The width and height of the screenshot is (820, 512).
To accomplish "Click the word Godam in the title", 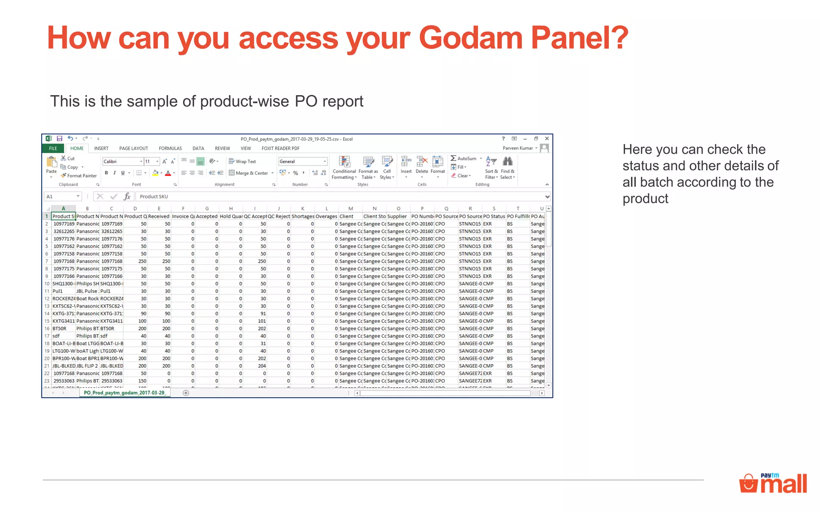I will [x=471, y=38].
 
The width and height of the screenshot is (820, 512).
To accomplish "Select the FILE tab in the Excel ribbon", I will [x=53, y=148].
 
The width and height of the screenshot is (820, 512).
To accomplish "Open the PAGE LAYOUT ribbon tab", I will [x=133, y=148].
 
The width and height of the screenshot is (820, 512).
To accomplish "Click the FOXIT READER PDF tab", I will [x=280, y=148].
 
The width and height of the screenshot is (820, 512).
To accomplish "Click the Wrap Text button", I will [x=242, y=162].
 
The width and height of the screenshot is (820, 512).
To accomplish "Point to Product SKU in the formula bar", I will [x=154, y=196].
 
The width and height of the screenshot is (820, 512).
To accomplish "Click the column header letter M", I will [x=350, y=208].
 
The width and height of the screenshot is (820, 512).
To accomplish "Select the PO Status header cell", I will [x=494, y=216].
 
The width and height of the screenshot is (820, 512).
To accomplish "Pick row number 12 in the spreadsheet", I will [x=47, y=299].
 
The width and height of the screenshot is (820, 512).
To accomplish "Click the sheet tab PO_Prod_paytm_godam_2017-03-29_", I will [x=125, y=393].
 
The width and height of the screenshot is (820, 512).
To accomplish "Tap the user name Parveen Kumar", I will [x=517, y=148].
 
